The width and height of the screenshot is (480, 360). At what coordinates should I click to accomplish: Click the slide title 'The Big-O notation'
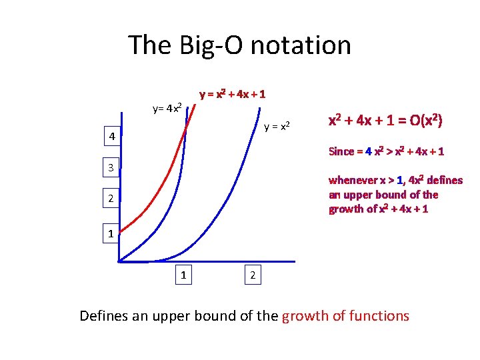click(239, 45)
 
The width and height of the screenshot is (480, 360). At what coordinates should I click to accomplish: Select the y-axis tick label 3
click(112, 167)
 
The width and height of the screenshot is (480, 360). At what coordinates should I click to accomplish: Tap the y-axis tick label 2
click(112, 199)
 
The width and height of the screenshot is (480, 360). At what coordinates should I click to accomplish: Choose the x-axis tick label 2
click(251, 274)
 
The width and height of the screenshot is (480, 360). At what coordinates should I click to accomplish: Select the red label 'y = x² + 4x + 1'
click(233, 94)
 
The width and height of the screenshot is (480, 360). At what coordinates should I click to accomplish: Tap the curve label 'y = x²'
click(277, 126)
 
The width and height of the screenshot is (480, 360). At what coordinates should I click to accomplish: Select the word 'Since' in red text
click(341, 151)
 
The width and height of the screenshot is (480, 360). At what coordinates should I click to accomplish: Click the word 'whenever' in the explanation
click(353, 180)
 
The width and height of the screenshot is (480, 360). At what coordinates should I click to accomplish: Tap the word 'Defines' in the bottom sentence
click(104, 315)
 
